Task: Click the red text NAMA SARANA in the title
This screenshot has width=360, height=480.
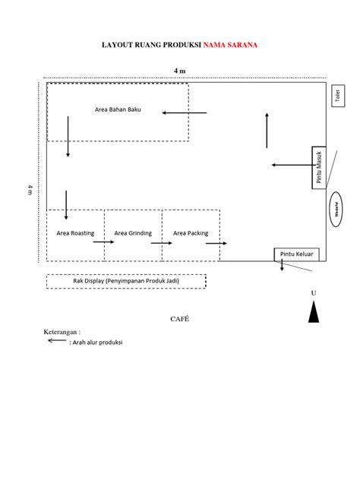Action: coord(229,46)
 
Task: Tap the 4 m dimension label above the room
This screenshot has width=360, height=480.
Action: coord(180,71)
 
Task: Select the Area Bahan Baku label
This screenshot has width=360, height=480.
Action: coord(118,109)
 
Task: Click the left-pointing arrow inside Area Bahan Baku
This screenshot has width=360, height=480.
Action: coord(184,113)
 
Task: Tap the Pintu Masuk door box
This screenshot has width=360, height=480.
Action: coord(319,166)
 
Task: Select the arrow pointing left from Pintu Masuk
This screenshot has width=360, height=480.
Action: coord(289,164)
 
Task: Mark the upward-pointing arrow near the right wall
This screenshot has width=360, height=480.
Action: coord(267,130)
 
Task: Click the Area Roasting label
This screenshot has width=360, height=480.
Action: coord(75,233)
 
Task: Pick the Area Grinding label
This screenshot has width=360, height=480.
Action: coord(133,233)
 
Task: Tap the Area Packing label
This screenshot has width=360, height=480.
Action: coord(191,233)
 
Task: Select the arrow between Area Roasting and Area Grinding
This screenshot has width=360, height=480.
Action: coord(103,242)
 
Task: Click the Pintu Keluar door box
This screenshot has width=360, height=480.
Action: coord(297,254)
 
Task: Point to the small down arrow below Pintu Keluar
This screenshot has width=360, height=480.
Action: coord(282,265)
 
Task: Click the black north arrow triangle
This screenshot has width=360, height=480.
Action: coord(314,311)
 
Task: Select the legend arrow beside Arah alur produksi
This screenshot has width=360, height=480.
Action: coord(57,341)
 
